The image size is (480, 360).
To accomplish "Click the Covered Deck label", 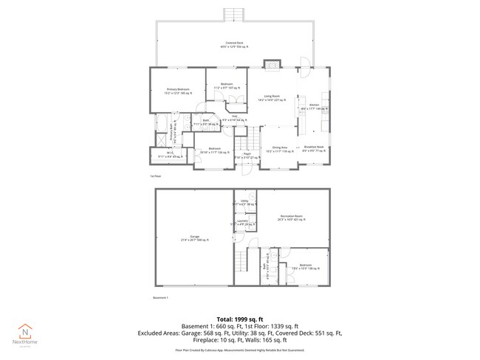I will click(x=237, y=44).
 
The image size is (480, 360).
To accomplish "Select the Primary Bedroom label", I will click(x=177, y=91).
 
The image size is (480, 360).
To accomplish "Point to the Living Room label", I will click(x=272, y=97).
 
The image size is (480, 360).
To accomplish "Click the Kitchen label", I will click(x=314, y=106).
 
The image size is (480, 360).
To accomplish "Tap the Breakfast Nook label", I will click(x=314, y=148).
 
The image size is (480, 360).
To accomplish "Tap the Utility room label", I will click(x=244, y=202).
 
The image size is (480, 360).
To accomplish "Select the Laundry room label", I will click(x=242, y=222).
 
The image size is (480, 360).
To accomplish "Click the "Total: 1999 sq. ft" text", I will click(x=239, y=319).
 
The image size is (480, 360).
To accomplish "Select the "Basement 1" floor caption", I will click(x=161, y=297).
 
